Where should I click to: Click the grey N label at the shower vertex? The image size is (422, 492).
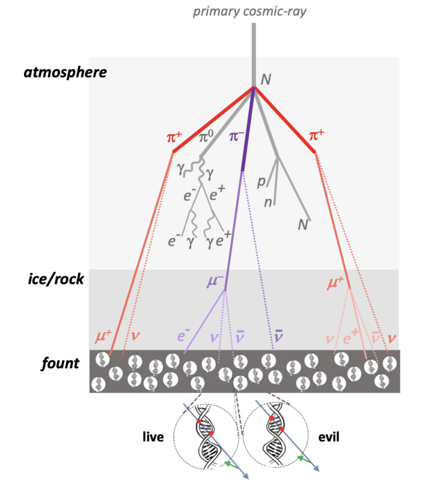coord(265,79)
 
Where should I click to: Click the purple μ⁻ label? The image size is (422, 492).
coord(215,281)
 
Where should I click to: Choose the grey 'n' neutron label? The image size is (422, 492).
coord(267,202)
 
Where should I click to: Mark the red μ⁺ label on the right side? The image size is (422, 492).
coord(337,281)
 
